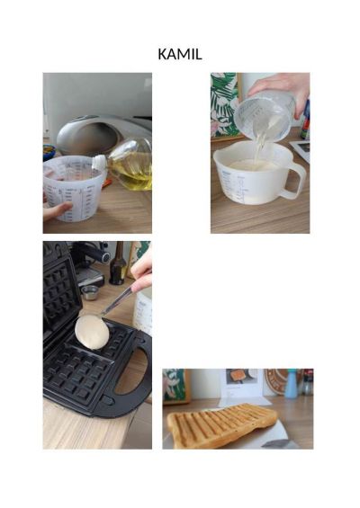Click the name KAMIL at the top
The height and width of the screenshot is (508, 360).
pos(180,54)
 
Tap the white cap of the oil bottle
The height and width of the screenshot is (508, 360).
pos(99,163)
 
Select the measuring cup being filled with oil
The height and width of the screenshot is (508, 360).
pos(74,188)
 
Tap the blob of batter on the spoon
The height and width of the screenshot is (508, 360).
pos(92,333)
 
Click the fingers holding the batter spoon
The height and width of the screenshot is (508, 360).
pos(141,272)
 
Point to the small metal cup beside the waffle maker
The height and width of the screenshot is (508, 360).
pos(89,292)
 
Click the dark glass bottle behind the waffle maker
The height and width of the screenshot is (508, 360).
pos(118,264)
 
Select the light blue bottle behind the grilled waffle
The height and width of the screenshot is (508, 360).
pos(291,384)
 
